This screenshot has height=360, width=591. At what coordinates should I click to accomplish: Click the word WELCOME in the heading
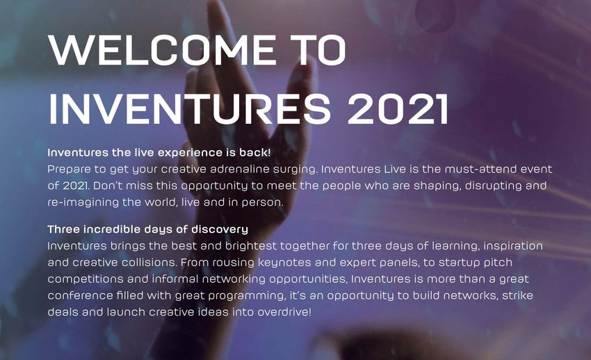[x=162, y=50]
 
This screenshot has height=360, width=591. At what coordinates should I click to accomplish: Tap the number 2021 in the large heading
[x=398, y=108]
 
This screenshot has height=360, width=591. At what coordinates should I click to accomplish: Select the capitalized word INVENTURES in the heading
[x=190, y=108]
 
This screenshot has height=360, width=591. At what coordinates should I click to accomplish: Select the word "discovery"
[x=220, y=230]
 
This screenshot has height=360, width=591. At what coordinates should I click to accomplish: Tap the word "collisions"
[x=149, y=263]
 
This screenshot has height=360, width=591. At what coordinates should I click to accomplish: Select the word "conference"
[x=80, y=295]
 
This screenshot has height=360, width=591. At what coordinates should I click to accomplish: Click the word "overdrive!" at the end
[x=284, y=312]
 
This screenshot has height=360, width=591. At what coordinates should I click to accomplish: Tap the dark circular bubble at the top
[x=435, y=14]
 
